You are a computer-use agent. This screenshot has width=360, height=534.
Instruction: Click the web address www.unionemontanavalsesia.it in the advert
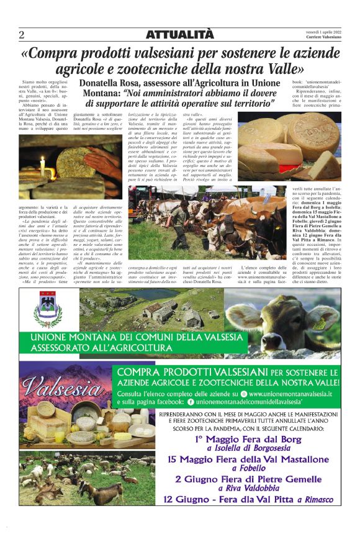(x=291, y=394)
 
